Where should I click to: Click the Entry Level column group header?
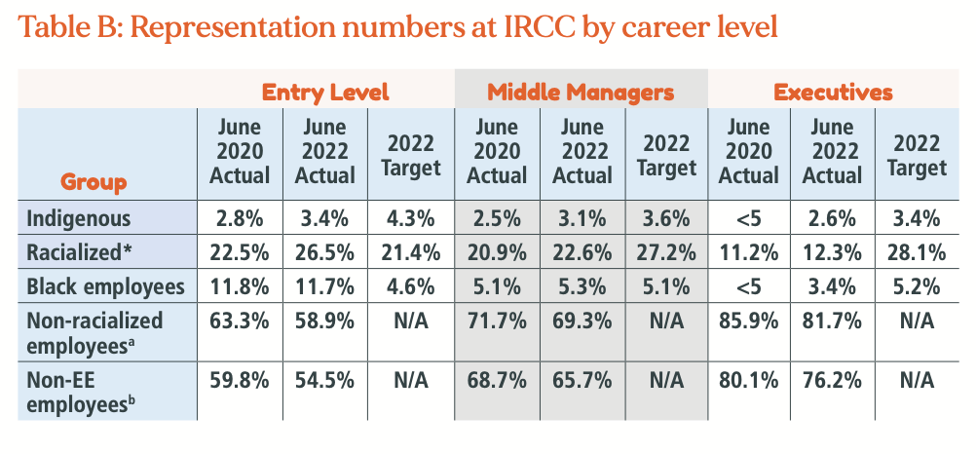pos(325,93)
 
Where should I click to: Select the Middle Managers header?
pos(581,93)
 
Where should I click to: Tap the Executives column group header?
pos(833,93)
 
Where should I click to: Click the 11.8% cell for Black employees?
pos(240,285)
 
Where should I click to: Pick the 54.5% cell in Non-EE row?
pos(325,379)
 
